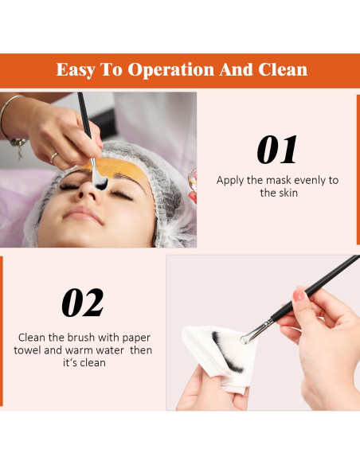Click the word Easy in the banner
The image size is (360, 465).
pyautogui.click(x=76, y=69)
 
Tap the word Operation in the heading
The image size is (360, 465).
pyautogui.click(x=172, y=69)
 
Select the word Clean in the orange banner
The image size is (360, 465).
pyautogui.click(x=283, y=69)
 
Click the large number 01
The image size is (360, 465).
pyautogui.click(x=277, y=150)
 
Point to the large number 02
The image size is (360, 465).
pyautogui.click(x=83, y=303)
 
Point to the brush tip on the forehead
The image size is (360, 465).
pyautogui.click(x=99, y=182)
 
